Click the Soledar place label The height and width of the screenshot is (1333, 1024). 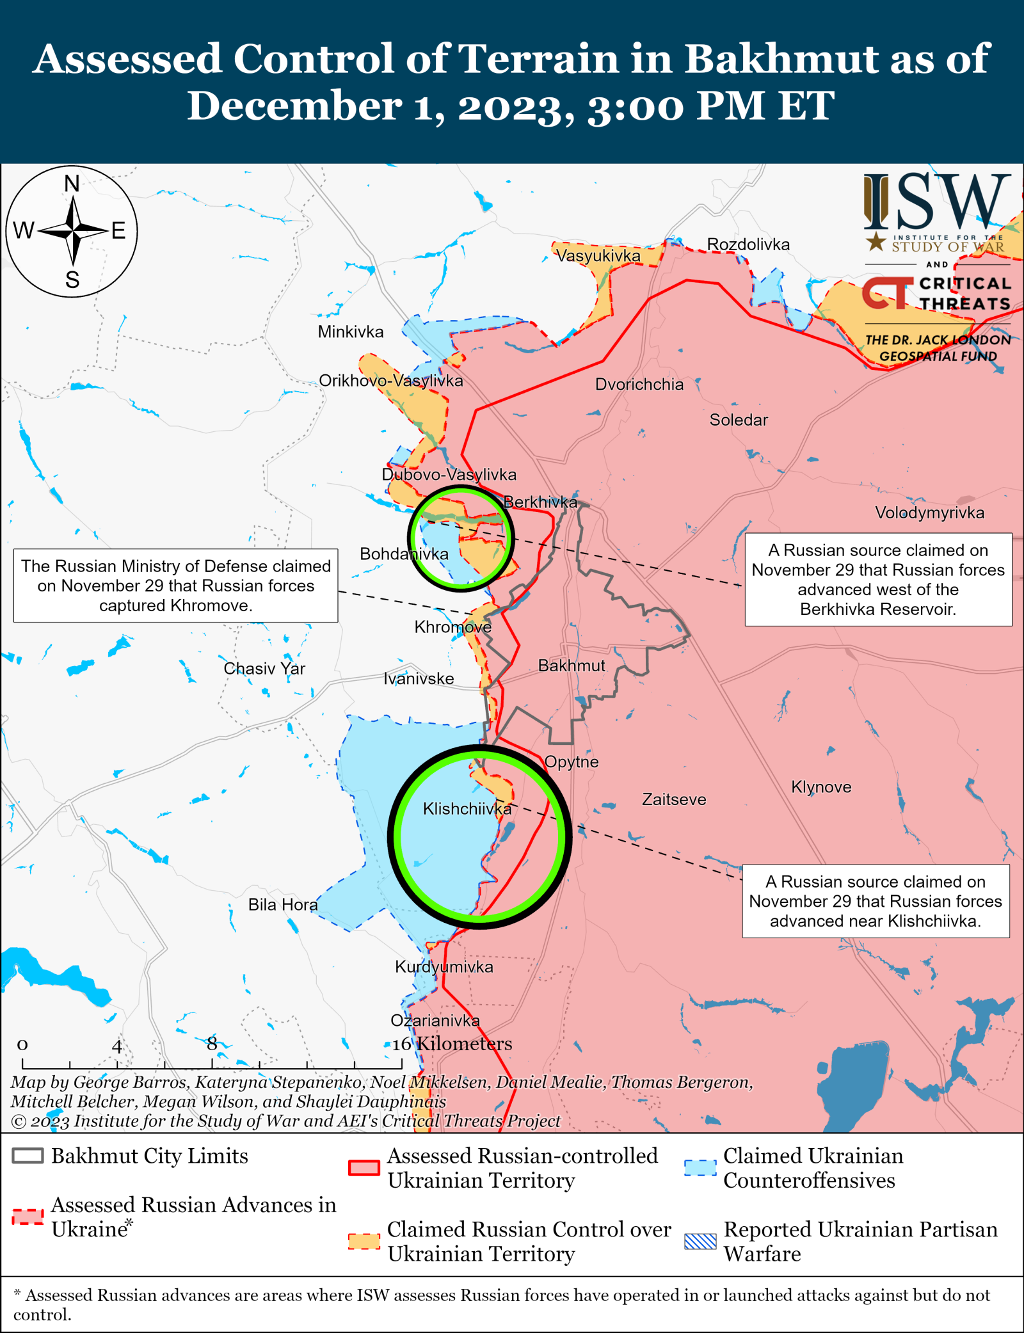[x=738, y=420]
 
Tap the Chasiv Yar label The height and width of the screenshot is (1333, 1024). [x=264, y=668]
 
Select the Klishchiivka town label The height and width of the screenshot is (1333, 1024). [x=467, y=809]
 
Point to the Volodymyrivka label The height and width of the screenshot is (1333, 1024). [x=929, y=513]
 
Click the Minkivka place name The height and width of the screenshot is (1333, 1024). [x=351, y=331]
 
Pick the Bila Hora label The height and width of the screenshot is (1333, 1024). [x=283, y=905]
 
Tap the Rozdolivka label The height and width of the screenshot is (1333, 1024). [x=748, y=244]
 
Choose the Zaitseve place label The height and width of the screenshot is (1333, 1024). [x=674, y=799]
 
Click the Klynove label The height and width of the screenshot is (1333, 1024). [x=821, y=787]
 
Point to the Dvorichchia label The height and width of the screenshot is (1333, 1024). [x=639, y=385]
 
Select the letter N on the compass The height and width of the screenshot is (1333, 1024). [x=72, y=184]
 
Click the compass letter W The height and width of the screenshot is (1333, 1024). [x=24, y=230]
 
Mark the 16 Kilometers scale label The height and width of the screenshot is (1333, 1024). [x=452, y=1044]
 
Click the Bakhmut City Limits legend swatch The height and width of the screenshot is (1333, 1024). [x=28, y=1156]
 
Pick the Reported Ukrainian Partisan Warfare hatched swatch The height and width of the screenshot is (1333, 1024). [x=700, y=1241]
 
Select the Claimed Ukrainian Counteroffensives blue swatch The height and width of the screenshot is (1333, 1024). [x=700, y=1167]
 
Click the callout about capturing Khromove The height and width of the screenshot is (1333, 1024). [x=176, y=586]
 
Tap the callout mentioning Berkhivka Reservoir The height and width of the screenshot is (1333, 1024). [x=878, y=579]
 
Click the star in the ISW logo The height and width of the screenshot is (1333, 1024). [x=876, y=241]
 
